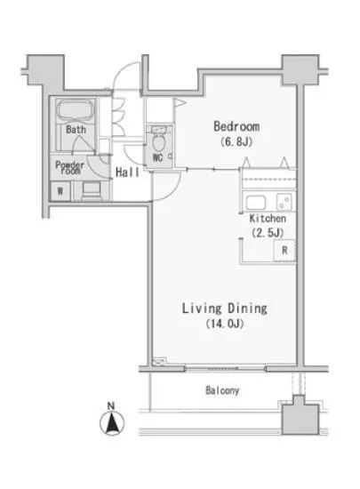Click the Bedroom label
[x=236, y=126]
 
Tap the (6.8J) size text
[x=236, y=142]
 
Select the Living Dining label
[x=224, y=309]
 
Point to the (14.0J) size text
[x=224, y=324]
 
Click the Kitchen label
[x=268, y=219]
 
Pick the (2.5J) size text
[x=268, y=233]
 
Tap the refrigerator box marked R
[x=284, y=250]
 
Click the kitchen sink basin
[x=256, y=203]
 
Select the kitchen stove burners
[x=284, y=202]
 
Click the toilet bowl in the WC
[x=158, y=143]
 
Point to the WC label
[x=158, y=157]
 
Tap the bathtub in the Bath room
[x=76, y=109]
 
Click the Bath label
[x=76, y=129]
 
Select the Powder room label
[x=70, y=167]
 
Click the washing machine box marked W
[x=60, y=190]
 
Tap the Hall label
[x=127, y=172]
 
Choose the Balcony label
[x=222, y=390]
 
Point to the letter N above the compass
[x=111, y=405]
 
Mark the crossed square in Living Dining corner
[x=159, y=362]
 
